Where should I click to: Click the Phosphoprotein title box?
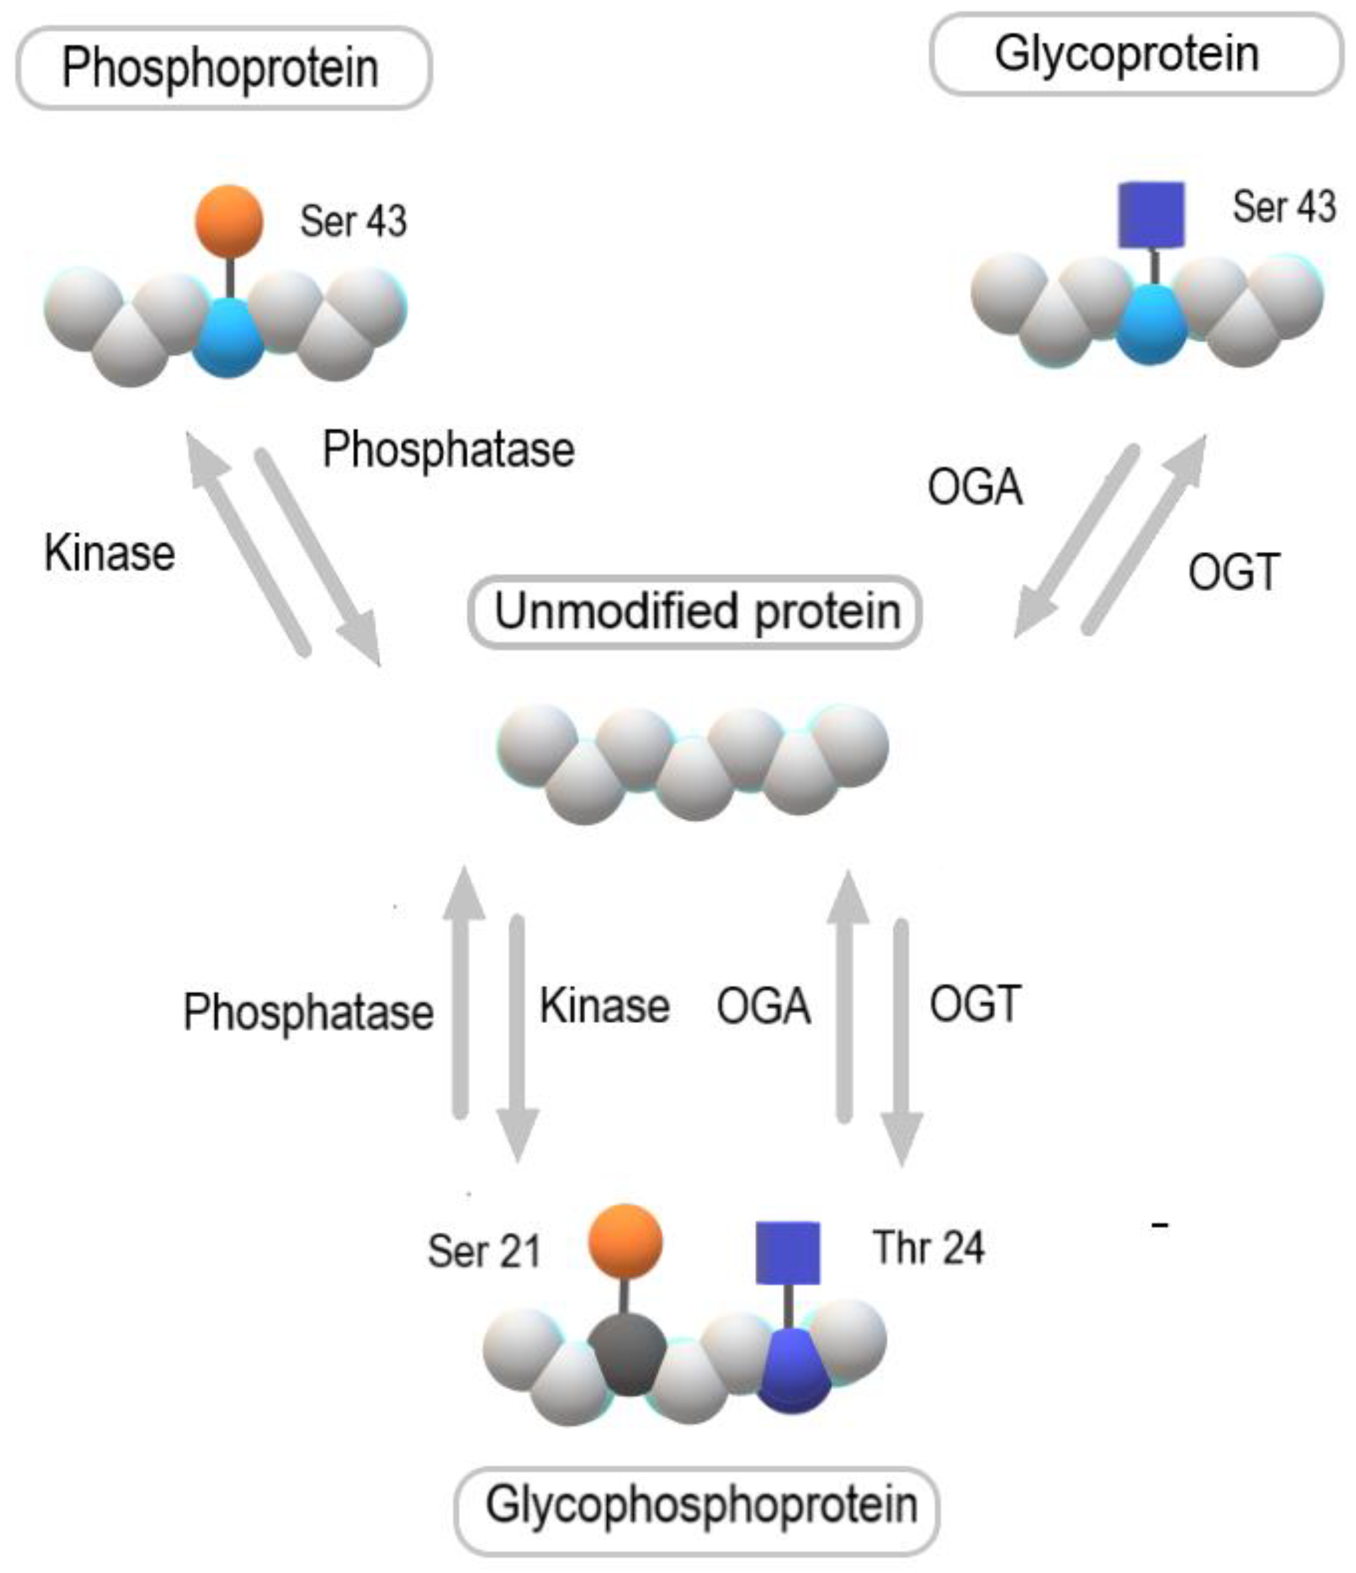tap(223, 68)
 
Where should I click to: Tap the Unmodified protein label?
tap(695, 612)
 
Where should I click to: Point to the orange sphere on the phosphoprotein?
tap(229, 221)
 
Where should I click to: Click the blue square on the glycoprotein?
tap(1152, 215)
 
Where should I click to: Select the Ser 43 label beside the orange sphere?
tap(353, 222)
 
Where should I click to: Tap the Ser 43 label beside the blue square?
tap(1283, 207)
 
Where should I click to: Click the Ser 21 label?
tap(484, 1251)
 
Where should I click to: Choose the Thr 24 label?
tap(928, 1248)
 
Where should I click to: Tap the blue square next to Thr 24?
tap(787, 1253)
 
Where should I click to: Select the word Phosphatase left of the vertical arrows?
tap(308, 1012)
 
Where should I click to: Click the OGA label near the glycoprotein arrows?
tap(975, 487)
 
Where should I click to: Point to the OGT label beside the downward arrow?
tap(975, 1004)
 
